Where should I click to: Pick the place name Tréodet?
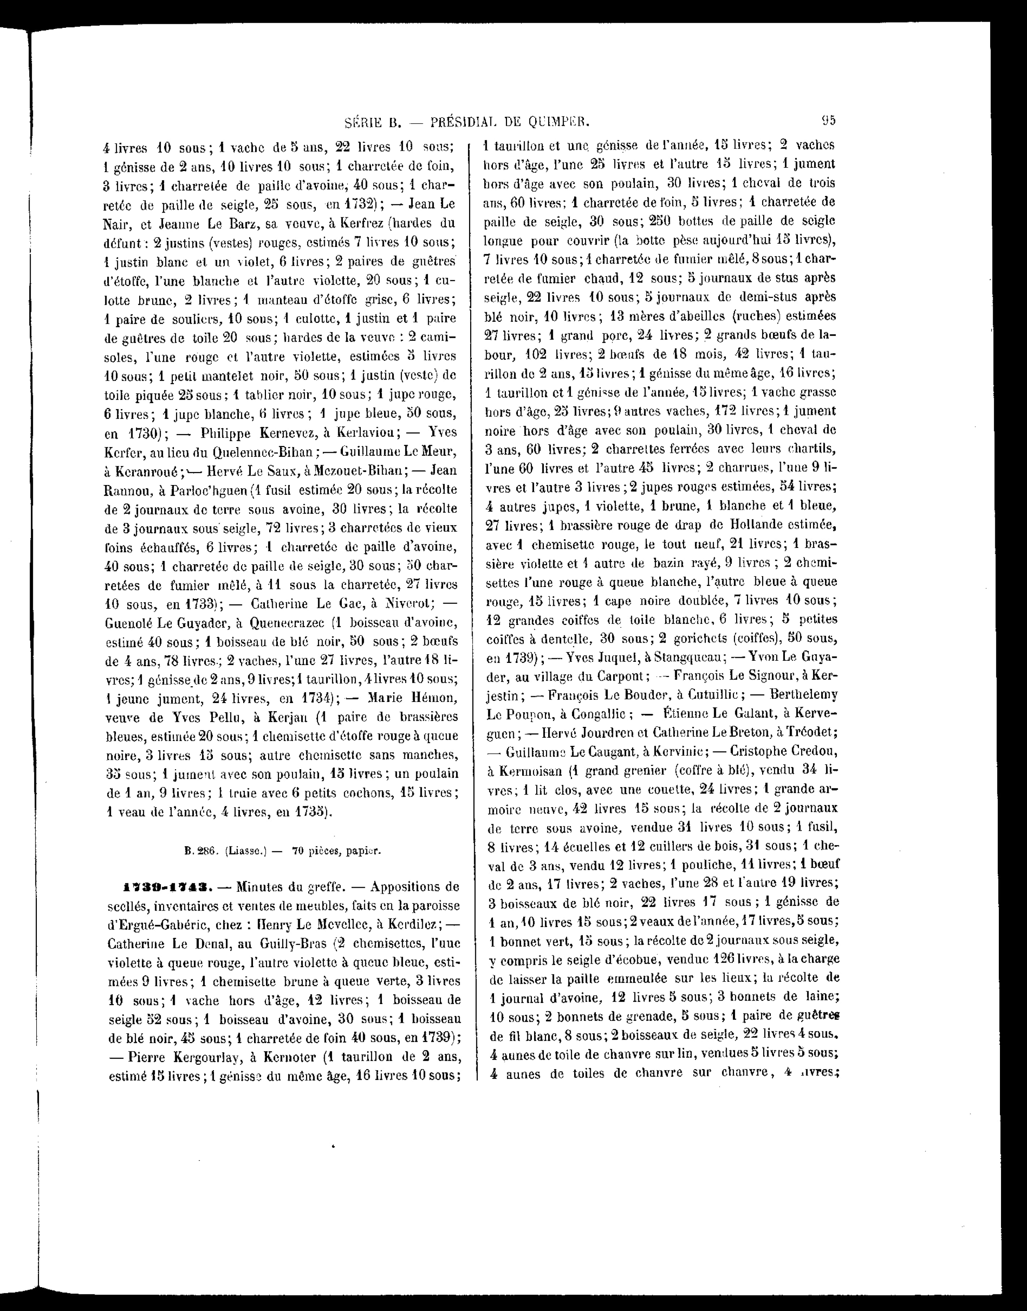pyautogui.click(x=803, y=733)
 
